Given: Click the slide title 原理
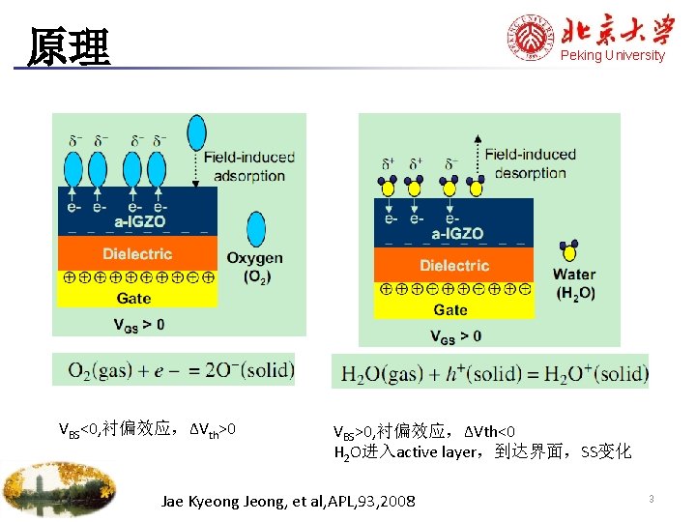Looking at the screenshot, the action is click(69, 46).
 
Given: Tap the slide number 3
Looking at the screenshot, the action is click(652, 499).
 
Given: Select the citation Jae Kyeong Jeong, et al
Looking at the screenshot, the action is click(289, 501).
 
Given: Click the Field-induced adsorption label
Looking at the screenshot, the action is click(250, 167).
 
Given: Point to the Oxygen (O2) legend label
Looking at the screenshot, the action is click(255, 267).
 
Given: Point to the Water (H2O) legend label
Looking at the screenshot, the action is click(574, 283).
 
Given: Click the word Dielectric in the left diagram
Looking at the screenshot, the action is click(137, 254).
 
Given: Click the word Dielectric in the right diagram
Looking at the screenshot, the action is click(454, 265).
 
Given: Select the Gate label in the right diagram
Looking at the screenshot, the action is click(450, 309).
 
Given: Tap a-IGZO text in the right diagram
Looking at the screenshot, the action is click(457, 233).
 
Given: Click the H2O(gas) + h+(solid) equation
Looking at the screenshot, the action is click(489, 373).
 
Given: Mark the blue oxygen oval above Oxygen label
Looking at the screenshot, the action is click(256, 230).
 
